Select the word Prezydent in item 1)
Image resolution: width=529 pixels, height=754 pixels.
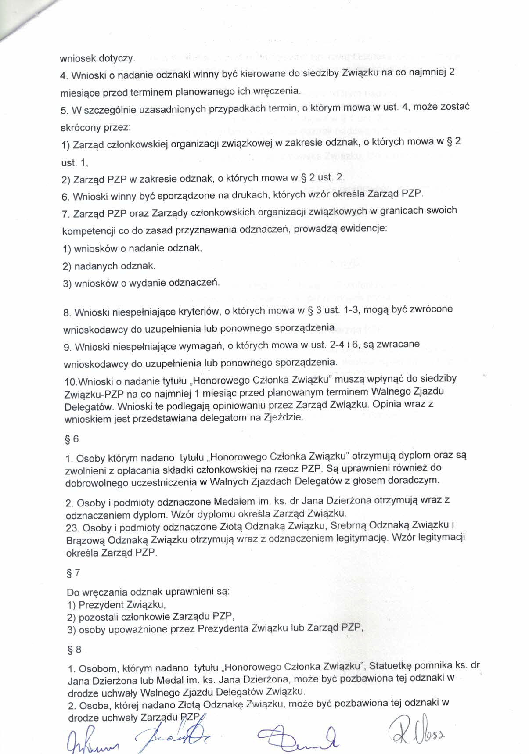[x=101, y=605]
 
